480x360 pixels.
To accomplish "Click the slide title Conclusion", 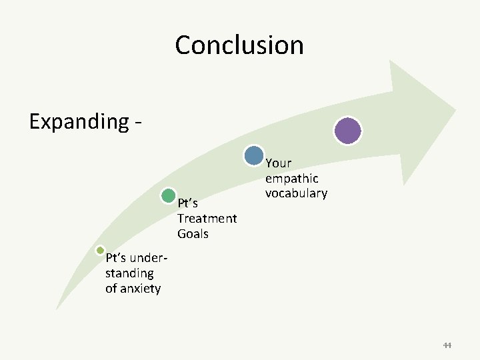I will coord(239,45).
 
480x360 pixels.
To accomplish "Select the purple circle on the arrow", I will coord(348,131).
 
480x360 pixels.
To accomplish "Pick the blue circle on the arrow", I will coord(254,155).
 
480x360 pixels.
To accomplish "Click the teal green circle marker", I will coord(169,196).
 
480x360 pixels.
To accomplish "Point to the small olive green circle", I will coord(100,251).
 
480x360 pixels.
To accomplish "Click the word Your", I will coord(278,163).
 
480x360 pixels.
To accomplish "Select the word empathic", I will coord(291,179).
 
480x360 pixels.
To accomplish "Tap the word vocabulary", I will coord(296,193).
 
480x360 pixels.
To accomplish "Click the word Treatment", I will coord(207,218).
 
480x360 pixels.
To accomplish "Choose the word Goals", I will coord(193,233).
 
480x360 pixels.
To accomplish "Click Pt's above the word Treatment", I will coord(187,203).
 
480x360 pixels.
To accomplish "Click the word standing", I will coord(129,273).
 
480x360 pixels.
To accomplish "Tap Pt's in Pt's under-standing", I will coord(116,258).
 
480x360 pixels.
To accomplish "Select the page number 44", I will coord(447,345).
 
